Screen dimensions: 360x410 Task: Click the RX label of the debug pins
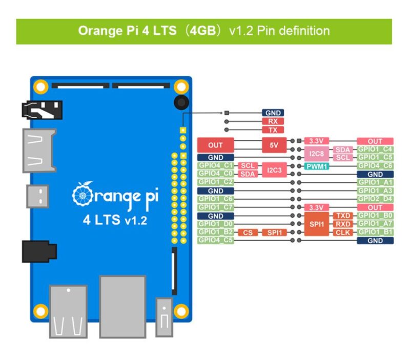272,122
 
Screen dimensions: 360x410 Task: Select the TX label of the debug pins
272,130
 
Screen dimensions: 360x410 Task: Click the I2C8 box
316,153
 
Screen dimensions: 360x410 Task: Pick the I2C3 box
274,170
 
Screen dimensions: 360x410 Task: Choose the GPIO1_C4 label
375,149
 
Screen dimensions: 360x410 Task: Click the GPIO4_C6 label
375,166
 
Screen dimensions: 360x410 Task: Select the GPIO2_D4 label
375,199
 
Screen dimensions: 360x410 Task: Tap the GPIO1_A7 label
375,224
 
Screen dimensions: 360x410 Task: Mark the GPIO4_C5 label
216,240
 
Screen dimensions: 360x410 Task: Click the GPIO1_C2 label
216,182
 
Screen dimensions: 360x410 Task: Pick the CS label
248,232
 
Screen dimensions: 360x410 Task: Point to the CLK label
343,232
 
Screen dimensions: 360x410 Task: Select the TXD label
343,216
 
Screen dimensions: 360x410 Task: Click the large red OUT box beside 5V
216,145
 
